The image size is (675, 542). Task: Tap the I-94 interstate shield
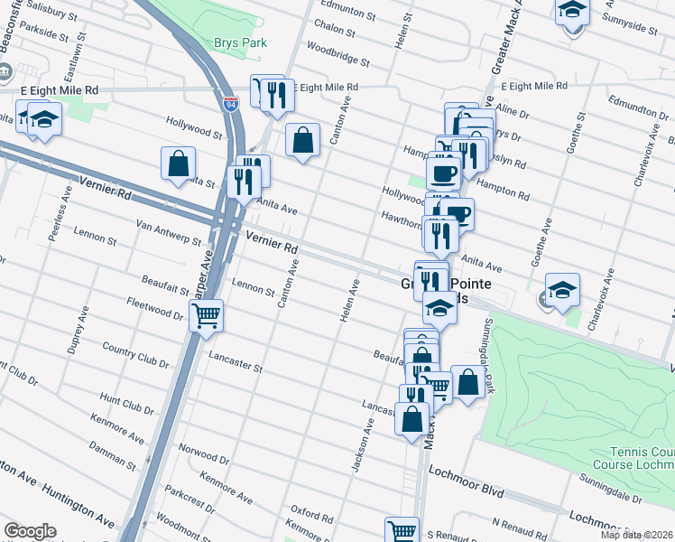tap(231, 105)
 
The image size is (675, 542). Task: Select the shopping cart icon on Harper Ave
tap(206, 317)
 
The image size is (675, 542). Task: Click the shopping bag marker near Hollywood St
tap(179, 164)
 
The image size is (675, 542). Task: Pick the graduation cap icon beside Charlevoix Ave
tap(562, 290)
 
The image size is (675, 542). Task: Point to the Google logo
tap(30, 531)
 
